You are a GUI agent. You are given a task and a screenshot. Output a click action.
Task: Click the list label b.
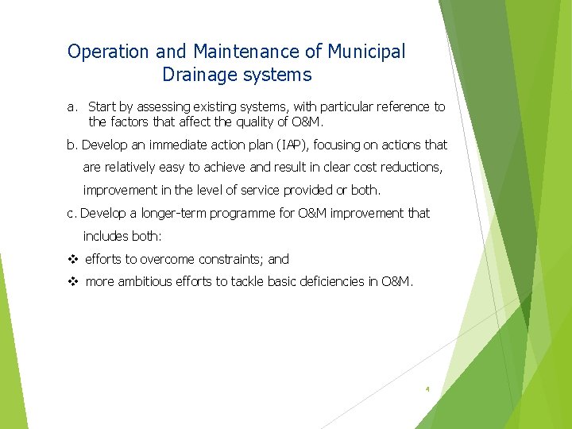point(72,145)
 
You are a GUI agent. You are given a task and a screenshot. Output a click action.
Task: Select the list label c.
point(71,214)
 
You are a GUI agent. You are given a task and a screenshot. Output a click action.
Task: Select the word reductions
point(408,168)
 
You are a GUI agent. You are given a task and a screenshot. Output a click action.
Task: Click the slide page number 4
point(427,389)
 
